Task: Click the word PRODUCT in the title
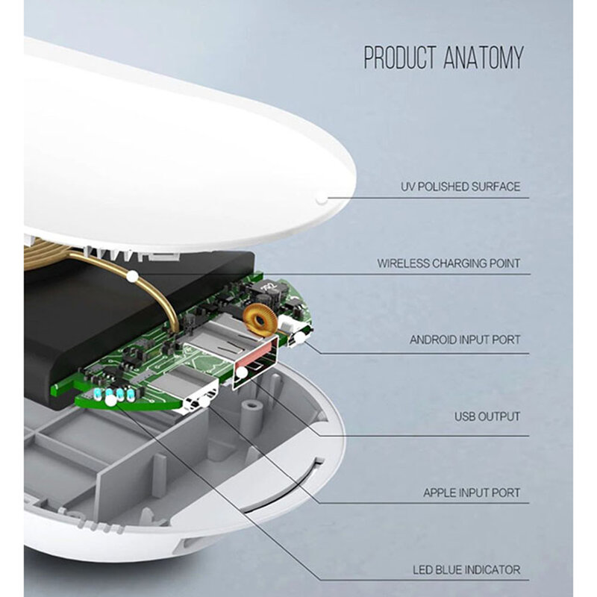pos(400,57)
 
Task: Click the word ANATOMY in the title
pos(484,57)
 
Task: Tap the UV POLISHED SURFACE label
pos(460,187)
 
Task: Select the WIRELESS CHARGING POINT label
pos(448,263)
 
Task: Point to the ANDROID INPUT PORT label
pos(465,340)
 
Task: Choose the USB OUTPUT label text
pos(487,416)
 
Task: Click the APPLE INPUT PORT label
pos(472,493)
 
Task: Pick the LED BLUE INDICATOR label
pos(466,569)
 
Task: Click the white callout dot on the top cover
pos(322,199)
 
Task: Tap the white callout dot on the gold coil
pos(132,276)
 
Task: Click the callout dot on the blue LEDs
pos(110,400)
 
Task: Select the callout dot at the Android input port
pos(300,337)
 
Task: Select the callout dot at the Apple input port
pos(204,402)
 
